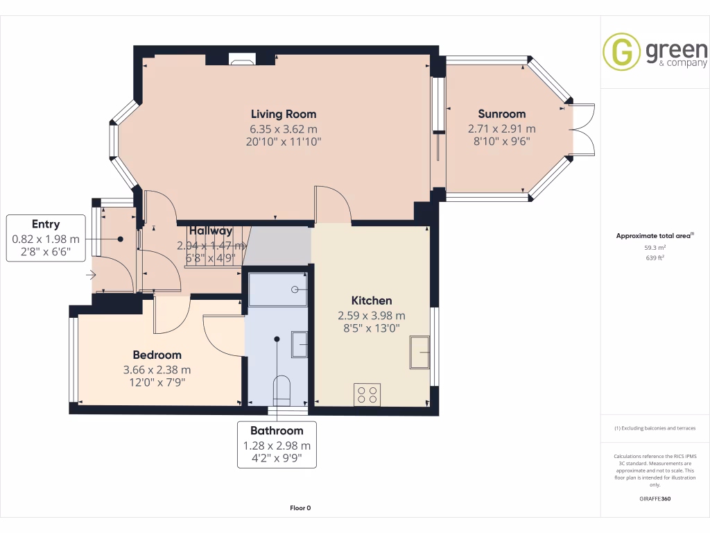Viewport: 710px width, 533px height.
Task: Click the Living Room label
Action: tap(283, 114)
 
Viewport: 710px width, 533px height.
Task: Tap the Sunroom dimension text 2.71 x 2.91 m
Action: tap(501, 128)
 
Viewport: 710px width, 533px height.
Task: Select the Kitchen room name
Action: tap(372, 301)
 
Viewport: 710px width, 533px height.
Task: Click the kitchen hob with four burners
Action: tap(367, 394)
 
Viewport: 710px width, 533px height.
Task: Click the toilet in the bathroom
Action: tap(282, 390)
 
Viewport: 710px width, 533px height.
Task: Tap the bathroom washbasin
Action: tap(300, 344)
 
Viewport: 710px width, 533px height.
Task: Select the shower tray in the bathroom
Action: tap(277, 289)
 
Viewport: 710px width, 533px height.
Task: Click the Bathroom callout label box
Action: tap(277, 444)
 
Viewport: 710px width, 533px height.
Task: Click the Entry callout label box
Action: tap(46, 238)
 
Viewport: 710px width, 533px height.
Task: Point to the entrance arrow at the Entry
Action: tap(90, 276)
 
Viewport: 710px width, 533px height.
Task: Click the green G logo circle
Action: tap(621, 52)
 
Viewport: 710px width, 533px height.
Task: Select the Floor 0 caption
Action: tap(300, 508)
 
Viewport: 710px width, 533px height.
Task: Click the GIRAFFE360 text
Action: tap(655, 498)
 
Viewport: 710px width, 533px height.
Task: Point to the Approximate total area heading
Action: tap(654, 236)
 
